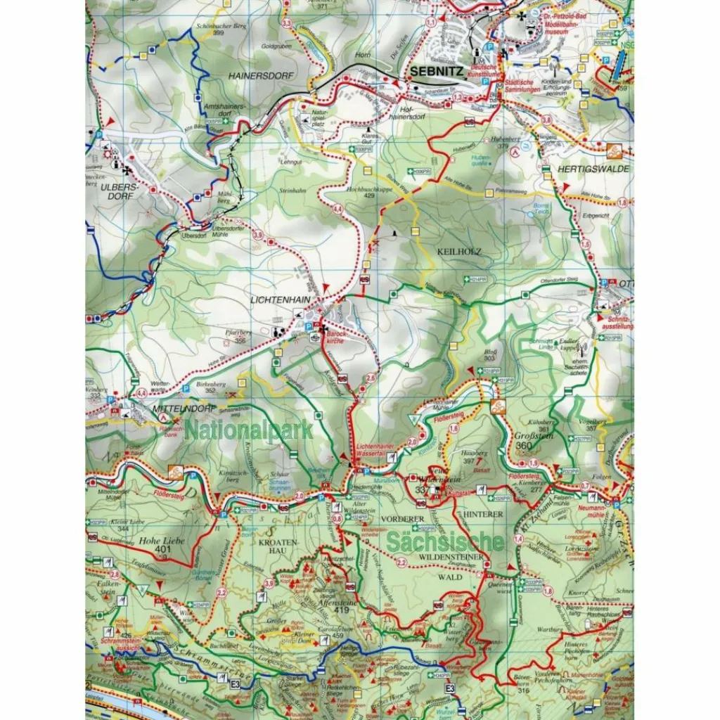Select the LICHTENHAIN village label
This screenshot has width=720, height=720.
[x=276, y=299]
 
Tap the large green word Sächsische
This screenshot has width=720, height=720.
[x=444, y=541]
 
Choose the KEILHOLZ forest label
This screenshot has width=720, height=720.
[x=457, y=249]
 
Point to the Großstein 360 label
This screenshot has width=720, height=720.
[x=534, y=440]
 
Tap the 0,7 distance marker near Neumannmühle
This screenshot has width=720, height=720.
[x=585, y=485]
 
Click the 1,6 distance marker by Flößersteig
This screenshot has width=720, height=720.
[x=454, y=427]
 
